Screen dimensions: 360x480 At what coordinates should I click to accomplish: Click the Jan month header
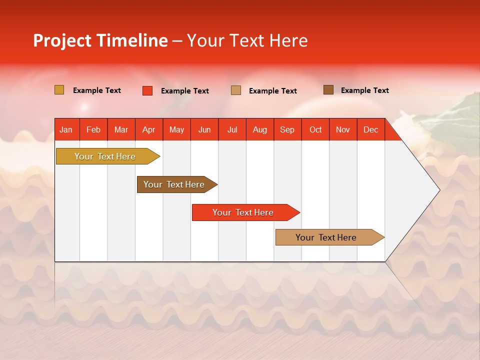66,129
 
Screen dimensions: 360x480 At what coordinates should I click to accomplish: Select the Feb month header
93,129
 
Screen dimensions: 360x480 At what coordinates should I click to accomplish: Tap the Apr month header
148,129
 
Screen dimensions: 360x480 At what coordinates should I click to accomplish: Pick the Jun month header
204,129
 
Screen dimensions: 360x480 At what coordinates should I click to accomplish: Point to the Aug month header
259,129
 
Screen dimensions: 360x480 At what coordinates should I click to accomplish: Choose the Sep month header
287,129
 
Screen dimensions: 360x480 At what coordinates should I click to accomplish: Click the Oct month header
315,129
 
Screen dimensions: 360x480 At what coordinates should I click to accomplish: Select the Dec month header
370,129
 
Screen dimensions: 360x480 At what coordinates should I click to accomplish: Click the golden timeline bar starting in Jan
105,156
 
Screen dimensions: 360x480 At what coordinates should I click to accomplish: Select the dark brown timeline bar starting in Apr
174,184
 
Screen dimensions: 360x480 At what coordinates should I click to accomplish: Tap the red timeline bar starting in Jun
243,212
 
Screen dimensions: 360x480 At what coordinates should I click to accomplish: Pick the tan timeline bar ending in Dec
326,237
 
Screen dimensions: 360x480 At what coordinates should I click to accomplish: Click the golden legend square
59,90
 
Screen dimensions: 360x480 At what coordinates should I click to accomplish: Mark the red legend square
147,90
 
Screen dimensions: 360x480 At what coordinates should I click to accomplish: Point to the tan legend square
236,90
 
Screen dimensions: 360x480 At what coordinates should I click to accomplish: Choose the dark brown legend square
328,90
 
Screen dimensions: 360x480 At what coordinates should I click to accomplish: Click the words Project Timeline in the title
100,40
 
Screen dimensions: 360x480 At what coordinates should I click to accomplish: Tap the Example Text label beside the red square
185,91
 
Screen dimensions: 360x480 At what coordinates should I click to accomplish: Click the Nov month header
343,129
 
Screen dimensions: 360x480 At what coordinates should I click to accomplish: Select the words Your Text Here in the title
247,40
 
